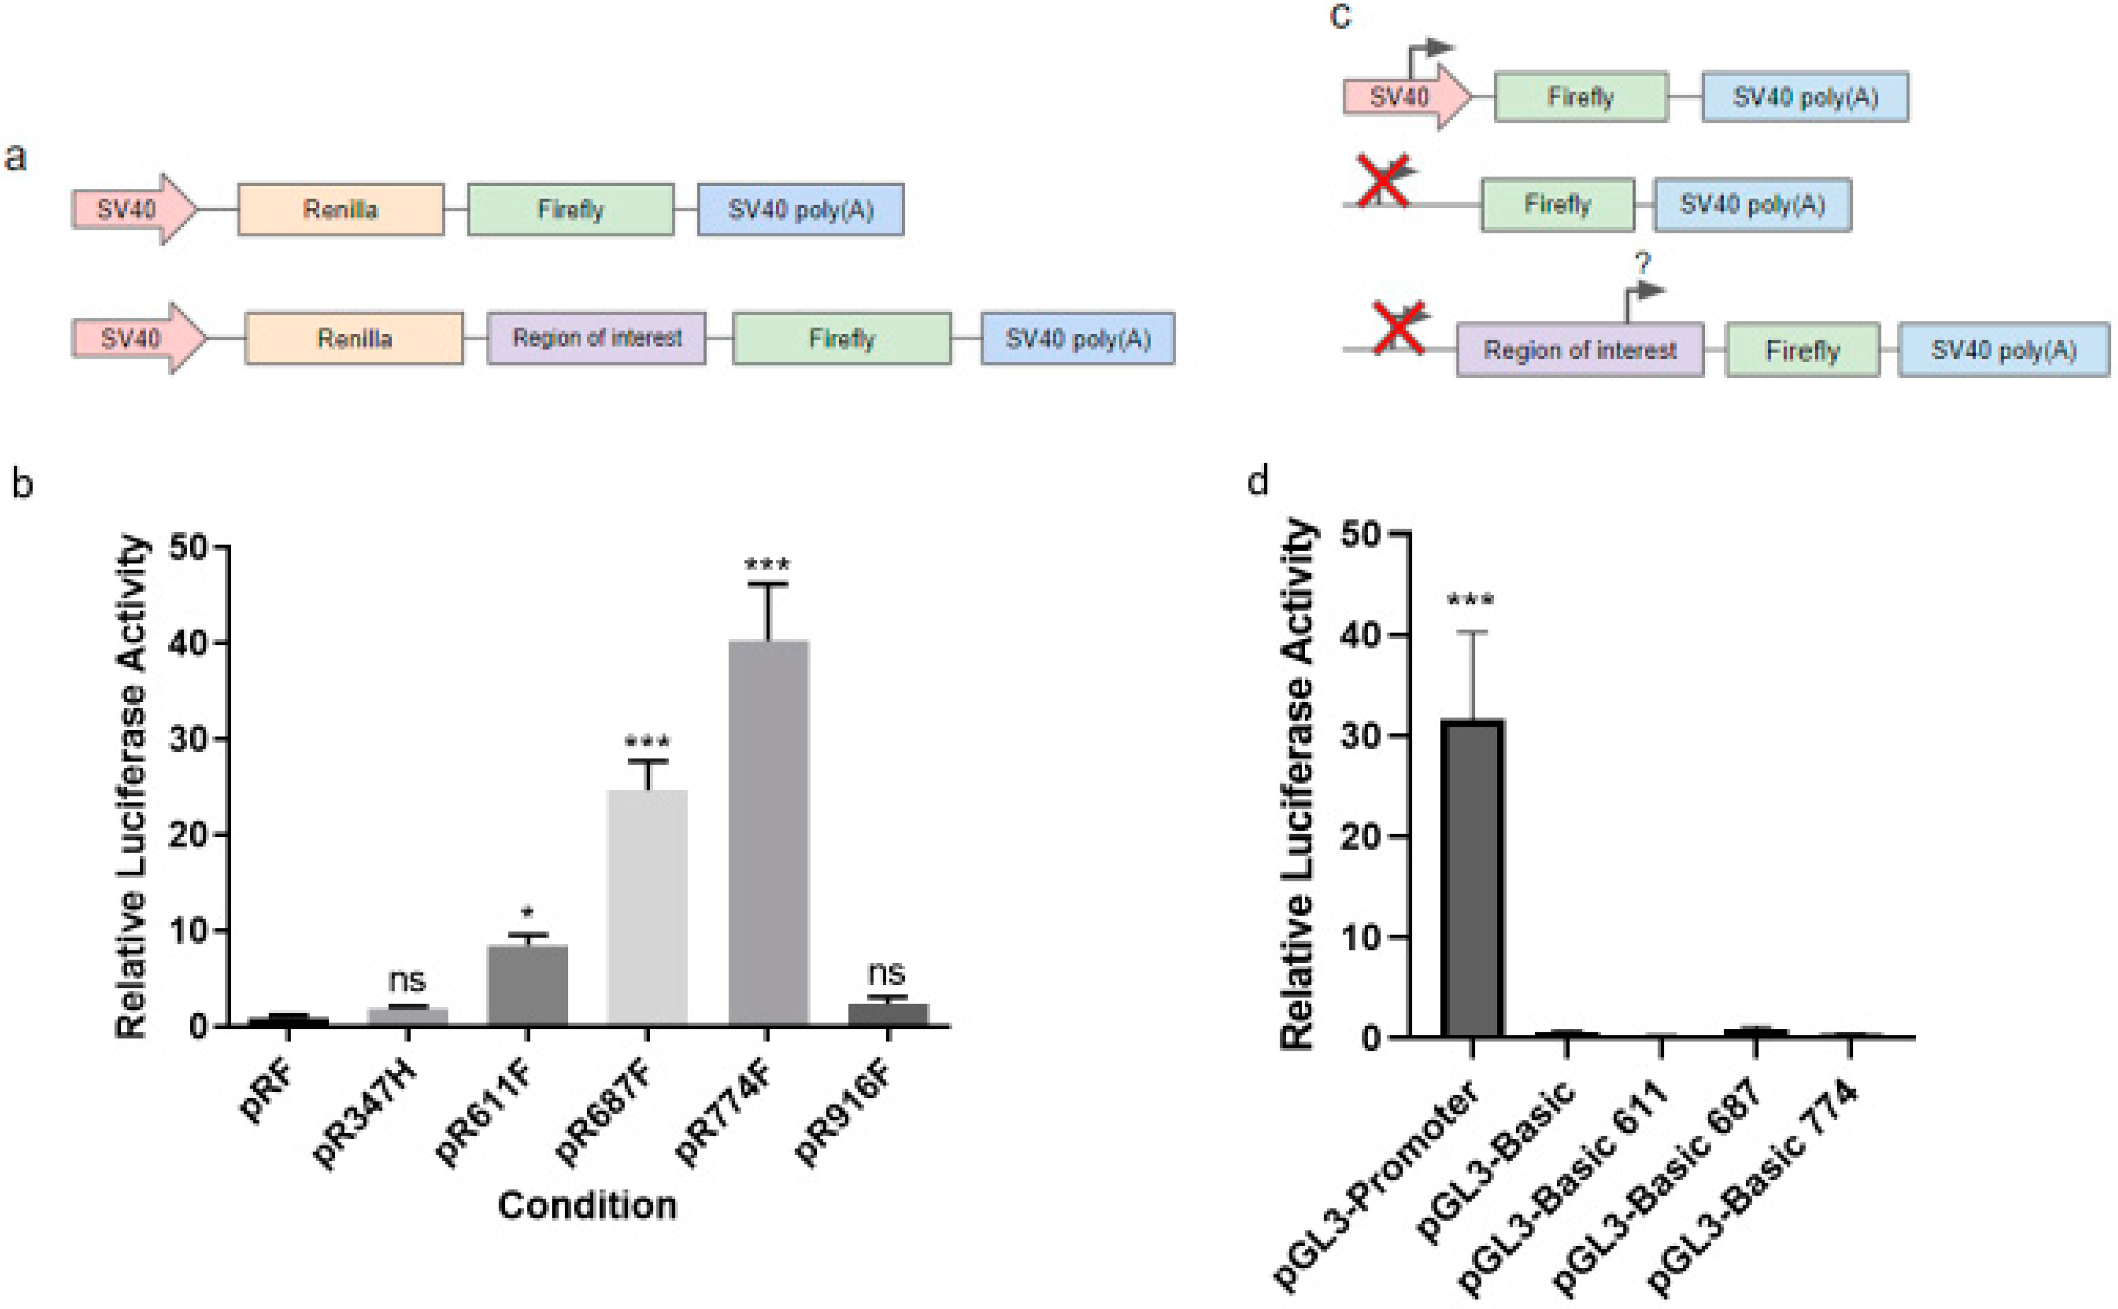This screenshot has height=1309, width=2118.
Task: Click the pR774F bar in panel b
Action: [x=767, y=831]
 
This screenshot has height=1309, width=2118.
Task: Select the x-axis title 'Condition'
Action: [x=586, y=1205]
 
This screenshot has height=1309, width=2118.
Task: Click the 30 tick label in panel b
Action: [x=189, y=738]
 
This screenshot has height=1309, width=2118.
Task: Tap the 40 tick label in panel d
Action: [x=1359, y=635]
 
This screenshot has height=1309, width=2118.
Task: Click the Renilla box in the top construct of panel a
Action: [x=340, y=210]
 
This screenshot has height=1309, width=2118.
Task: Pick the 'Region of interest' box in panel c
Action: [x=1580, y=349]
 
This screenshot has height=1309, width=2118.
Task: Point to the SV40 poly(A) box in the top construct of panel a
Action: [x=800, y=210]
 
